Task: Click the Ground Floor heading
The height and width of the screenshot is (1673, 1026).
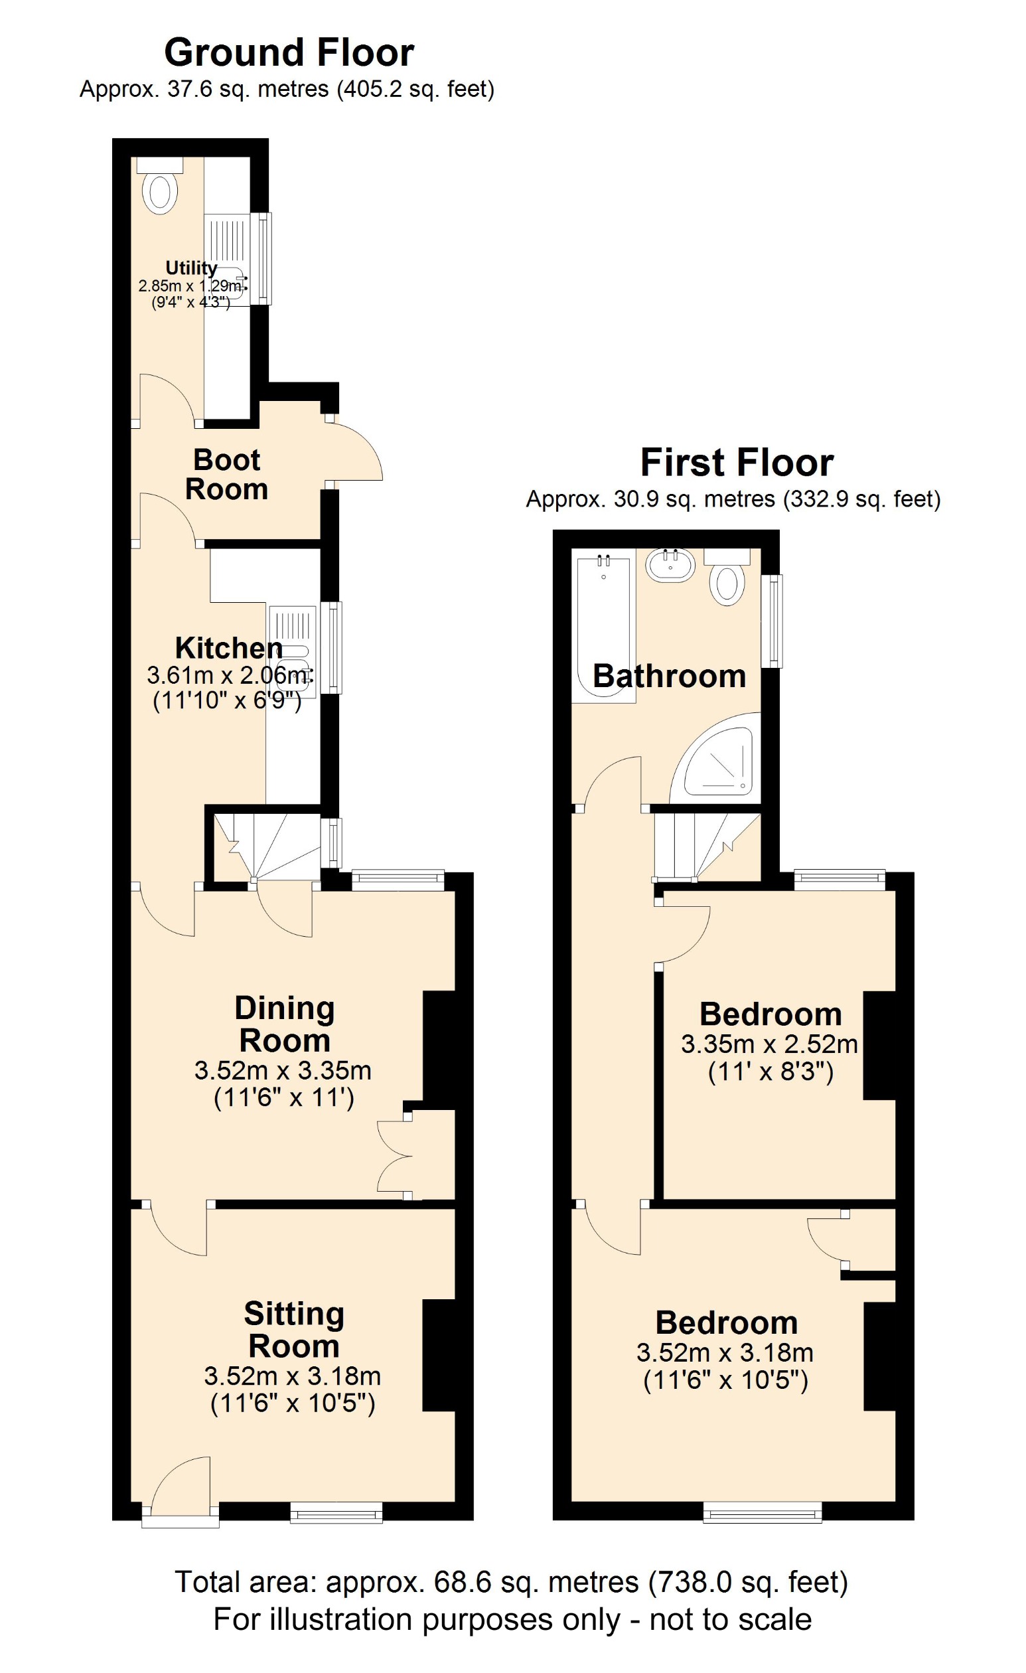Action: pyautogui.click(x=289, y=53)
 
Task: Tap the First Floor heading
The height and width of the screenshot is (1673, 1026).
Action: pyautogui.click(x=736, y=463)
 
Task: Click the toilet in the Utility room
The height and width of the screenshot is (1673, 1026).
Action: pyautogui.click(x=160, y=191)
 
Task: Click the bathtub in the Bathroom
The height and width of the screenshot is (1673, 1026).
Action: pyautogui.click(x=604, y=628)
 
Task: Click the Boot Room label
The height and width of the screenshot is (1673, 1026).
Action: pyautogui.click(x=227, y=475)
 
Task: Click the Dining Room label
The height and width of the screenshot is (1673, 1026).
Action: pyautogui.click(x=284, y=1024)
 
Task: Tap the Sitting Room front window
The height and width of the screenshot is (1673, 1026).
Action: pyautogui.click(x=336, y=1512)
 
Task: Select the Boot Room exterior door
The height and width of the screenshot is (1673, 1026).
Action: pyautogui.click(x=356, y=452)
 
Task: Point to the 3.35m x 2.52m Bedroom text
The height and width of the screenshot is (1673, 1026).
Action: pyautogui.click(x=770, y=1044)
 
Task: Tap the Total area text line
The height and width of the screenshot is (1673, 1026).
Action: pyautogui.click(x=512, y=1583)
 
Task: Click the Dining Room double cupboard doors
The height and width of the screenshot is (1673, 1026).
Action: pyautogui.click(x=394, y=1156)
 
